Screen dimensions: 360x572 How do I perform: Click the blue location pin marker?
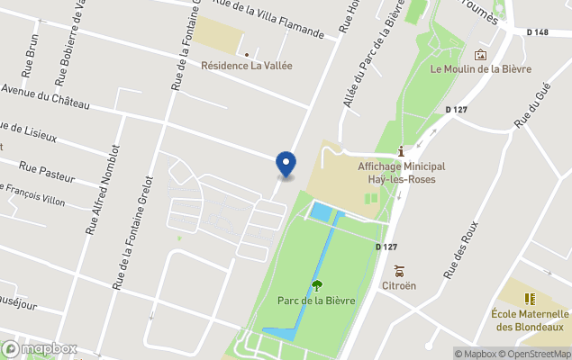(x=286, y=164)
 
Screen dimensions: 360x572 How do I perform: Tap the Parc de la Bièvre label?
(x=316, y=301)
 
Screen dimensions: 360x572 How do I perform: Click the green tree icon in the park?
(x=316, y=286)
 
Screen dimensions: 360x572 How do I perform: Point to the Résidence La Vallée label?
(x=246, y=66)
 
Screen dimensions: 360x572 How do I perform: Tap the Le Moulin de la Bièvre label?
(x=480, y=69)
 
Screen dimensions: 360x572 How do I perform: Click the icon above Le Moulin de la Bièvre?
(x=480, y=55)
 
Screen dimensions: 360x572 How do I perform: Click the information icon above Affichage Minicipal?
(x=401, y=150)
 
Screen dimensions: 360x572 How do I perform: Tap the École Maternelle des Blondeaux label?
(x=530, y=319)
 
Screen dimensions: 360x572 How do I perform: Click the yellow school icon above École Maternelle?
(x=530, y=298)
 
